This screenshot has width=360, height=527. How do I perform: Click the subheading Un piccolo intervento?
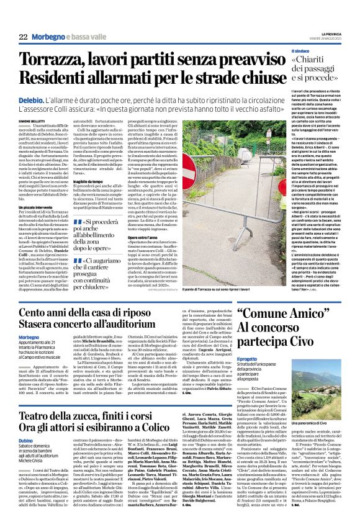(x=35, y=207)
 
